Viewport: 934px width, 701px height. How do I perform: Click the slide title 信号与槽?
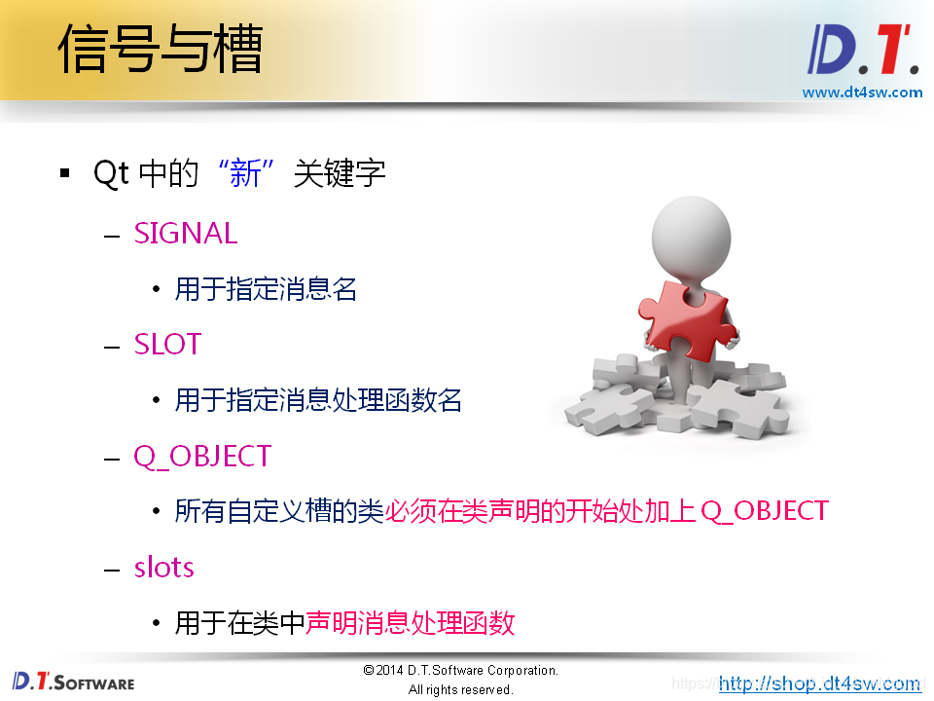[x=161, y=50]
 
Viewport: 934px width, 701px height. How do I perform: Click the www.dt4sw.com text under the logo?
[x=861, y=92]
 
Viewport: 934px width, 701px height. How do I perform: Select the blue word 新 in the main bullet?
[x=245, y=174]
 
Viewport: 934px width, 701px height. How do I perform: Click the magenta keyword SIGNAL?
[x=186, y=234]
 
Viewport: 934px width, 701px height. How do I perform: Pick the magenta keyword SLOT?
[x=167, y=345]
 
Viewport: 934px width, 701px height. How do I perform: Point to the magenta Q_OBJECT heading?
[x=202, y=457]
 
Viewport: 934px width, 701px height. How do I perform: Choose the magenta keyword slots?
[x=163, y=568]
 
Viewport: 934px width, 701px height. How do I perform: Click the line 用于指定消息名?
[x=266, y=289]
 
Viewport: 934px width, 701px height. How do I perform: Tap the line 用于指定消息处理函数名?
[x=318, y=400]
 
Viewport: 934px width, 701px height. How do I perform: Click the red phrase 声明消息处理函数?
[x=410, y=623]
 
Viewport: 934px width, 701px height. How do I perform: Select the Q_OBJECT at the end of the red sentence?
[x=765, y=511]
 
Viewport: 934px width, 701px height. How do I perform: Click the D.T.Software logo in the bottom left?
[x=73, y=682]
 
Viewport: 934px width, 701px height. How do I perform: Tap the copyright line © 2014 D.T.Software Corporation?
[x=460, y=671]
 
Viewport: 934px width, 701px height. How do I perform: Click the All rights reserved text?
[x=460, y=690]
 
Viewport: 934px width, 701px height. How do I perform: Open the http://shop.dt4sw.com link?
[x=819, y=683]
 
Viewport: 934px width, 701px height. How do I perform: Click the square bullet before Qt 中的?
[x=65, y=174]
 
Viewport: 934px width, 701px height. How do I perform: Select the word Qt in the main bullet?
[x=111, y=174]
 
